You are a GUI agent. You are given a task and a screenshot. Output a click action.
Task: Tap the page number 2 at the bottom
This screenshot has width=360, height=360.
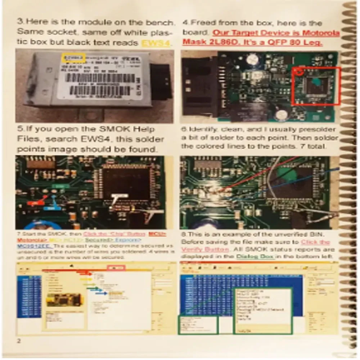pyautogui.click(x=18, y=341)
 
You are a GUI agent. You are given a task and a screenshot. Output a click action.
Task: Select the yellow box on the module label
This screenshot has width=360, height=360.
pyautogui.click(x=73, y=57)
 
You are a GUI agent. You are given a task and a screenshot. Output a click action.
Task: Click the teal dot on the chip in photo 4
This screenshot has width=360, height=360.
pyautogui.click(x=317, y=82)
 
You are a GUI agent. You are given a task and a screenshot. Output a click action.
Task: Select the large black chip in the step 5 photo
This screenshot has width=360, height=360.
pyautogui.click(x=126, y=184)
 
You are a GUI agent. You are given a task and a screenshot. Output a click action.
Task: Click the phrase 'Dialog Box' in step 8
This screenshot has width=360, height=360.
pyautogui.click(x=256, y=256)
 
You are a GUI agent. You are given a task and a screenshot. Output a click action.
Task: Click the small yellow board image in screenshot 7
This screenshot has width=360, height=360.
pyautogui.click(x=63, y=300)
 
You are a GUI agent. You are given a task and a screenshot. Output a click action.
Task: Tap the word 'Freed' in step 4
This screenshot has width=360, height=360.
pyautogui.click(x=202, y=23)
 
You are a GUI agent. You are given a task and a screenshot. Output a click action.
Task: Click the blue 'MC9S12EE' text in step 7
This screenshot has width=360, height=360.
pyautogui.click(x=35, y=246)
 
